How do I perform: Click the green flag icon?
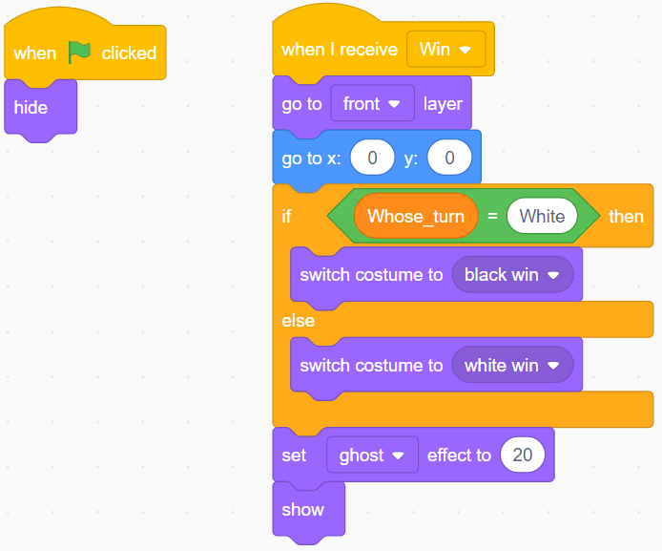(x=79, y=52)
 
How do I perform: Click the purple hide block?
(x=31, y=107)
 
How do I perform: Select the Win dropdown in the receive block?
(x=445, y=49)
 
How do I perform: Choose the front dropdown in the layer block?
(x=372, y=103)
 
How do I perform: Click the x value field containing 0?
(x=372, y=159)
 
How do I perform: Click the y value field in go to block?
(x=449, y=159)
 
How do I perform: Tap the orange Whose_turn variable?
(x=415, y=216)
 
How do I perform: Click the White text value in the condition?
(x=542, y=216)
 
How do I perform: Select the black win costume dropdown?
(x=512, y=275)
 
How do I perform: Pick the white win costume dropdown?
(x=512, y=366)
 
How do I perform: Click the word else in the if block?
(x=298, y=321)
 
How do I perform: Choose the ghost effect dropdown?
(x=372, y=456)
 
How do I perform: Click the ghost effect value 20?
(x=523, y=456)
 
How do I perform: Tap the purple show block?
(x=303, y=509)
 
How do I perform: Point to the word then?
(x=626, y=216)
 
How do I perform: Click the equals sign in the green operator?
(x=492, y=216)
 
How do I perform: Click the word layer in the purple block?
(x=443, y=103)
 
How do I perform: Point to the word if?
(x=286, y=216)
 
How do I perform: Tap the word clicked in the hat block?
(x=129, y=53)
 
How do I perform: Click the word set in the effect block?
(x=294, y=456)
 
